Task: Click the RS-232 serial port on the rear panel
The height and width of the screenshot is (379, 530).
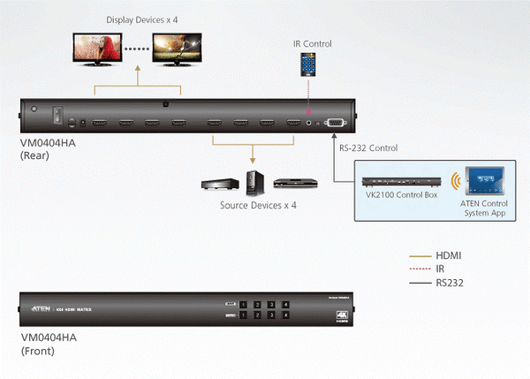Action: [335, 124]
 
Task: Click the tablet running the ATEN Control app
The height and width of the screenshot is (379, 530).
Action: [483, 182]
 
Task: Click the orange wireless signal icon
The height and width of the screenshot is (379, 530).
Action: [455, 183]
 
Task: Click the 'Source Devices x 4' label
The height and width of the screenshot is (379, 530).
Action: [257, 205]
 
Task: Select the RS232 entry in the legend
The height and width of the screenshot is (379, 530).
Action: [451, 283]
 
